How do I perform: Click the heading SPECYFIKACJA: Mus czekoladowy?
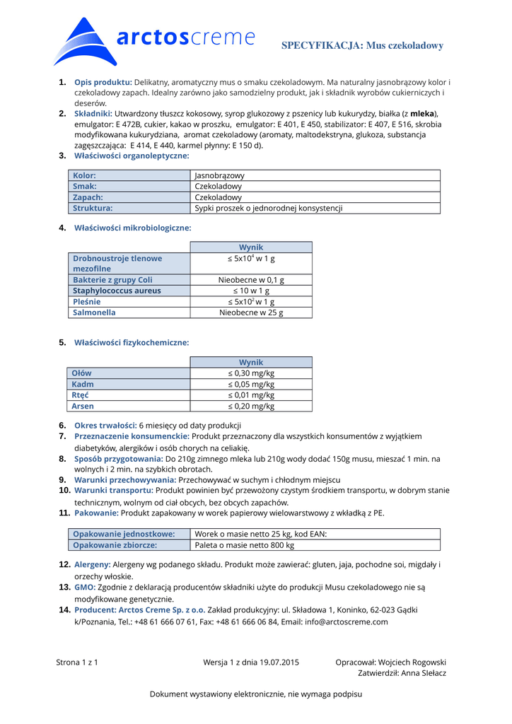pyautogui.click(x=362, y=46)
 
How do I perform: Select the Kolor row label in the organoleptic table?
pyautogui.click(x=85, y=175)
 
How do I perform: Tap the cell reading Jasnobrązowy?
pyautogui.click(x=219, y=175)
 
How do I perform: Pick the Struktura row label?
pyautogui.click(x=93, y=209)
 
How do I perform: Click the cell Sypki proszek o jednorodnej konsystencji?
pyautogui.click(x=268, y=209)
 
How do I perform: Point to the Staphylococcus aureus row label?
pyautogui.click(x=117, y=291)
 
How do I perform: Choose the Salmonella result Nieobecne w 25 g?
pyautogui.click(x=251, y=313)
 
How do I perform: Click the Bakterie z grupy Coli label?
pyautogui.click(x=112, y=280)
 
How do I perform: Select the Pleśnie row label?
pyautogui.click(x=87, y=302)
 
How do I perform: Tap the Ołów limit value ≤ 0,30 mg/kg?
pyautogui.click(x=251, y=373)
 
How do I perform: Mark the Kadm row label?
pyautogui.click(x=83, y=385)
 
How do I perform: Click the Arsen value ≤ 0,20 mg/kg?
pyautogui.click(x=251, y=407)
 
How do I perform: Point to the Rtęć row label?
pyautogui.click(x=81, y=395)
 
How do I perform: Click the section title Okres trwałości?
pyautogui.click(x=105, y=426)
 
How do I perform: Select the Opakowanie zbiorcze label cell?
pyautogui.click(x=115, y=545)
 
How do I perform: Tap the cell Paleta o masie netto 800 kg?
pyautogui.click(x=244, y=545)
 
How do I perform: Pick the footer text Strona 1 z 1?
pyautogui.click(x=76, y=662)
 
